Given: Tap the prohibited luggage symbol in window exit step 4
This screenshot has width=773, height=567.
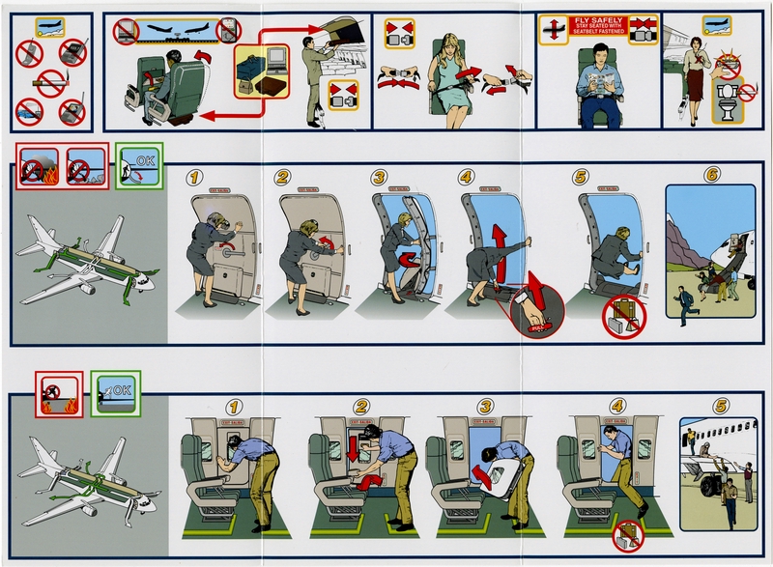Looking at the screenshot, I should coord(629,534).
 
